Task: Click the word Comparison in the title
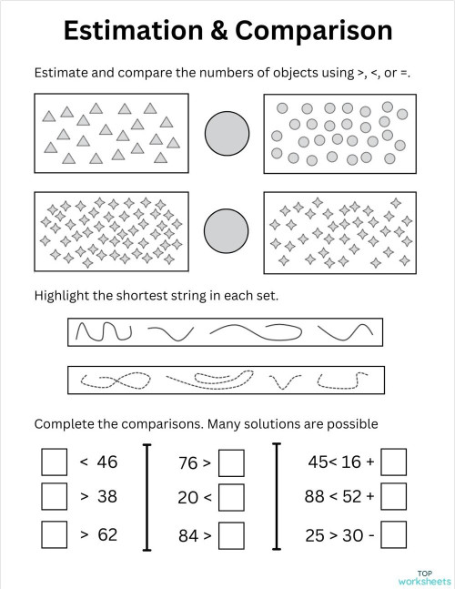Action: [x=315, y=30]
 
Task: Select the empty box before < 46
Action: [x=55, y=462]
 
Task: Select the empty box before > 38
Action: [x=55, y=497]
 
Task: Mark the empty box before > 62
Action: [x=55, y=534]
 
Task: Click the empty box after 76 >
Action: [x=232, y=463]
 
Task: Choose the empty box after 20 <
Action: [x=232, y=498]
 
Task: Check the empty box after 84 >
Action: [x=232, y=535]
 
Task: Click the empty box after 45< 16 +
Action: [x=393, y=462]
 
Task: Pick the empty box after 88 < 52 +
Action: [x=393, y=497]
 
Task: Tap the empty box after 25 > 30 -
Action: [x=393, y=535]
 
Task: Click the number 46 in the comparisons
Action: [x=107, y=462]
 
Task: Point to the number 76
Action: [x=188, y=464]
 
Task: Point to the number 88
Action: [x=315, y=498]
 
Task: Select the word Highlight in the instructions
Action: [x=66, y=296]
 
